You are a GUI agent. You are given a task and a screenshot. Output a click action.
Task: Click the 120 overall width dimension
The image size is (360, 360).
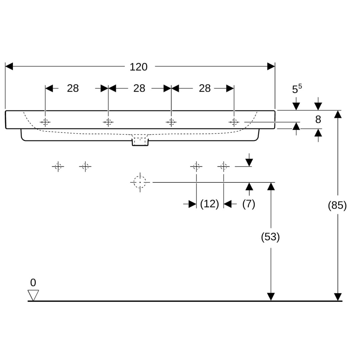(138, 67)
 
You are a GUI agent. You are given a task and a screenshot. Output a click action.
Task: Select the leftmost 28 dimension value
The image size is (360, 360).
(73, 88)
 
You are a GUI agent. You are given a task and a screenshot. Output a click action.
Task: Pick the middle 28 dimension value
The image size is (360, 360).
(139, 88)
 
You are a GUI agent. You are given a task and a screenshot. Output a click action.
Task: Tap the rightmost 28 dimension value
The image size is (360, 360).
(205, 88)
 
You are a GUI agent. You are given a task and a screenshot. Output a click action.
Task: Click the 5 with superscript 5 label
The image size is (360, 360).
(297, 89)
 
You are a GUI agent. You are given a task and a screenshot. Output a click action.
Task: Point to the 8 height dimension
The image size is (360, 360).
(318, 119)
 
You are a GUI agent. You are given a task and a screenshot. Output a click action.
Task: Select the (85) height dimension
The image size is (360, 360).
(337, 205)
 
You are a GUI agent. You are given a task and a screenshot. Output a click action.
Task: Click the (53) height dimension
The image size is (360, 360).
(270, 237)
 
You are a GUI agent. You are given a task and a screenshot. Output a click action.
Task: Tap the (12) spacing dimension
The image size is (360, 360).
(209, 204)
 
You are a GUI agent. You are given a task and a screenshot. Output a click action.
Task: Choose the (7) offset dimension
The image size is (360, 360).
(249, 204)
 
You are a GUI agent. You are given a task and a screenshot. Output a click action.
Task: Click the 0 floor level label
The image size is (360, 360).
(33, 283)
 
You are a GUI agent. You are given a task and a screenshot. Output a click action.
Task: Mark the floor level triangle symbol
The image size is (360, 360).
(33, 295)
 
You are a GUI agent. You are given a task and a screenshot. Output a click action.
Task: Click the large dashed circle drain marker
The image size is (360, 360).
(140, 182)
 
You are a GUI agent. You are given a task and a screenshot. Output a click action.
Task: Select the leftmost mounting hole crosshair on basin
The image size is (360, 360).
(45, 122)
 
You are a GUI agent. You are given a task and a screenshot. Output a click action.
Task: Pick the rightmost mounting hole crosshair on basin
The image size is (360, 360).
(234, 122)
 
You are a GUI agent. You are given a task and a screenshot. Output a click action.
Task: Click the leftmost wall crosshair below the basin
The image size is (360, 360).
(58, 166)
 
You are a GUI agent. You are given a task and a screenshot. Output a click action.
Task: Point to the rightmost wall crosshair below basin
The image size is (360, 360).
(223, 166)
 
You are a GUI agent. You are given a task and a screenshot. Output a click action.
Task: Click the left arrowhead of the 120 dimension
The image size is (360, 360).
(9, 66)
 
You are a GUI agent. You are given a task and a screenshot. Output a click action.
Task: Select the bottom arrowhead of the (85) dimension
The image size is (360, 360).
(338, 297)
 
